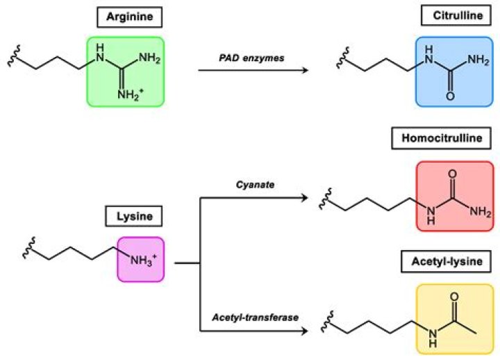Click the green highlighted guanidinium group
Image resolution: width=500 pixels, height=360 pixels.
126,72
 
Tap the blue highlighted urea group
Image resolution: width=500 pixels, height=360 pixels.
454,72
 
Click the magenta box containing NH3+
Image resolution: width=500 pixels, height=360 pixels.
141,259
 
